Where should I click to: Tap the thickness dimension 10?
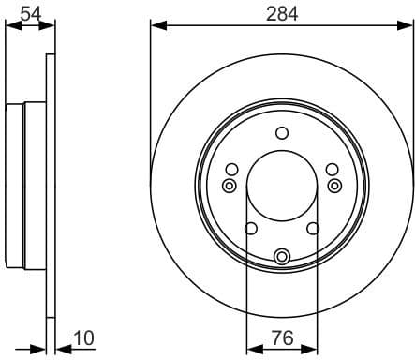(x=84, y=337)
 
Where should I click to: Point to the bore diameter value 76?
(x=282, y=337)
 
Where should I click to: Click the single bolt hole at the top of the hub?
(x=282, y=133)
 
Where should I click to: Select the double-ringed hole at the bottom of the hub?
(x=282, y=255)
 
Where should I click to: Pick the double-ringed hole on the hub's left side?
(x=229, y=186)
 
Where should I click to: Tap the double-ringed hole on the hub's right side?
(x=335, y=186)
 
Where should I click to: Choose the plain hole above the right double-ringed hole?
(x=332, y=169)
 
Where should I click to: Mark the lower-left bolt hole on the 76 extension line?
(x=250, y=228)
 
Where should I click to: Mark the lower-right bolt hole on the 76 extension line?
(x=314, y=228)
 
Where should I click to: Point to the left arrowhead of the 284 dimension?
(x=156, y=25)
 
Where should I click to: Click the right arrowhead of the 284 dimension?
(x=407, y=25)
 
